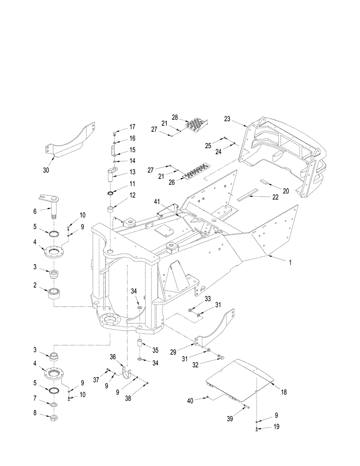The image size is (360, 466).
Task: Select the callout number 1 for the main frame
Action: [290, 262]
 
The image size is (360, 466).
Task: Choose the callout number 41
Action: [157, 202]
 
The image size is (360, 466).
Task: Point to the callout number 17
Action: [132, 127]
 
